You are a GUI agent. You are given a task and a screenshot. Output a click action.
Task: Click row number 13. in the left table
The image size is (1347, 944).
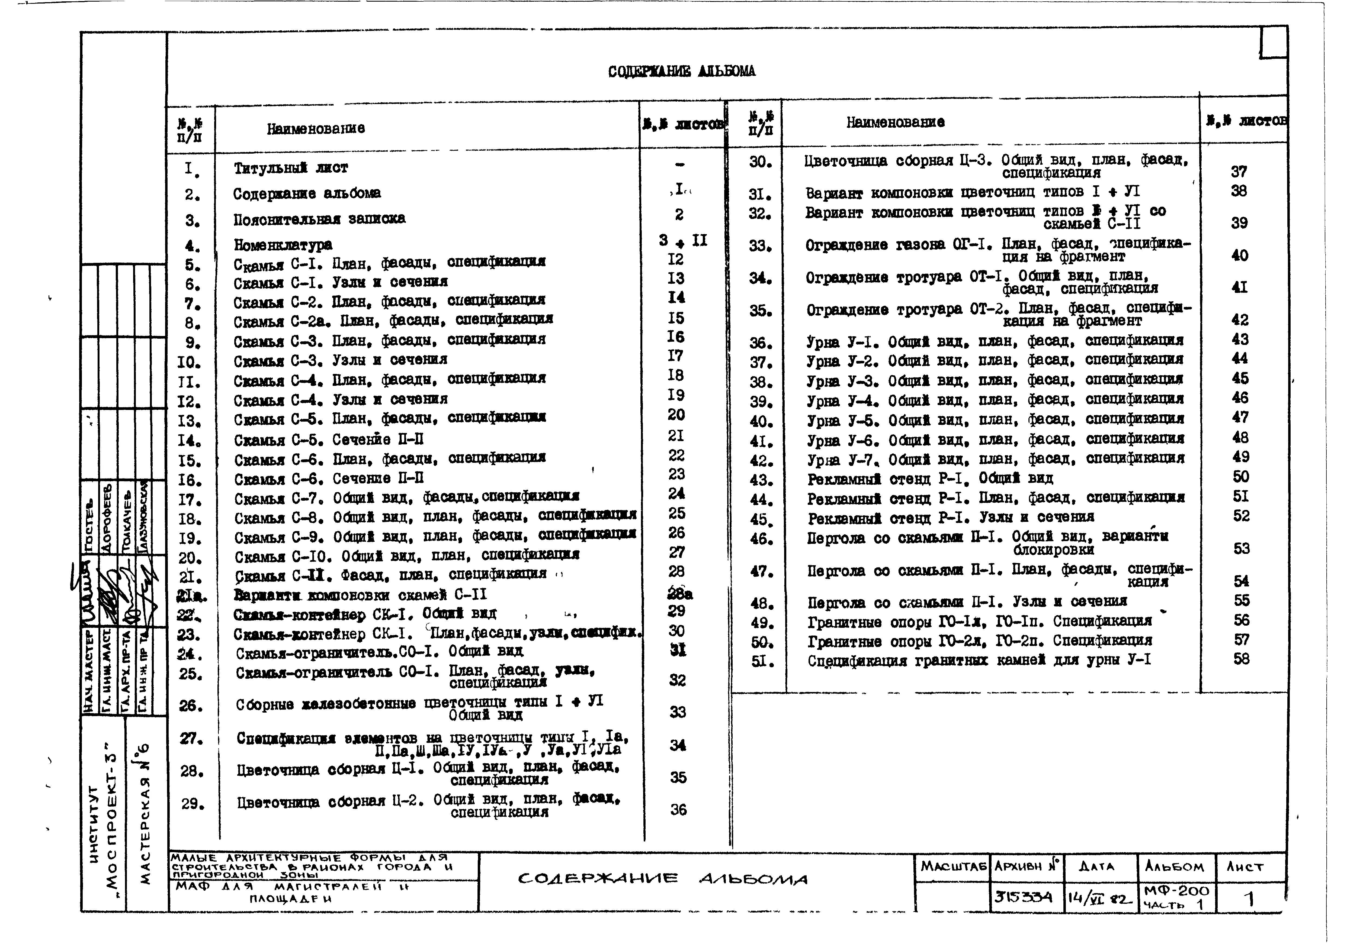coord(190,421)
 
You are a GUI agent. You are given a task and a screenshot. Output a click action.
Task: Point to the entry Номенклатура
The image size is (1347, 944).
coord(283,244)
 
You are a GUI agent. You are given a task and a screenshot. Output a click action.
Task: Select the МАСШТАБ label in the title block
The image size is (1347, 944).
coord(953,866)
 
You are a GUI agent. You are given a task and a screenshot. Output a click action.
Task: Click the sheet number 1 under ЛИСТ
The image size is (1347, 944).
coord(1250,898)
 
